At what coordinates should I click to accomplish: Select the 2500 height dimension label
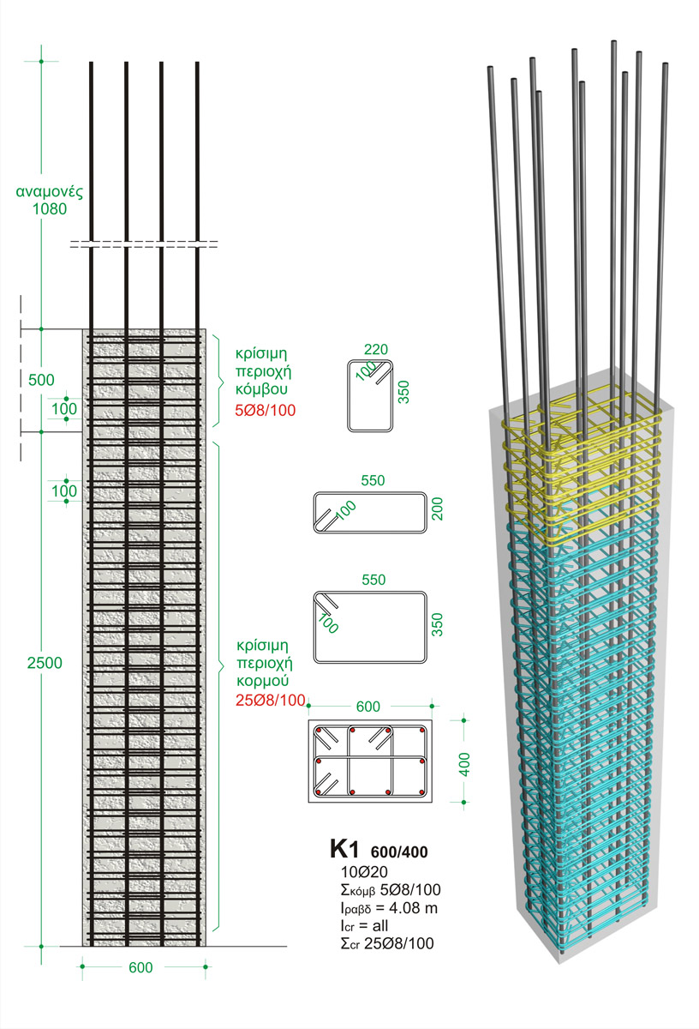tap(45, 664)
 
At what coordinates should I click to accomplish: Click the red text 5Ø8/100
tap(264, 410)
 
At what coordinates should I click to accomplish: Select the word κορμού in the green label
tap(262, 683)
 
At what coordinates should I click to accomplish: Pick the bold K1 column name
tap(346, 849)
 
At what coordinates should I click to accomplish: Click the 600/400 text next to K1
tap(399, 852)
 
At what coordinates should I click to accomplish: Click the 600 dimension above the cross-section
tap(367, 707)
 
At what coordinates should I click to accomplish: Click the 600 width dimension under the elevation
tap(140, 967)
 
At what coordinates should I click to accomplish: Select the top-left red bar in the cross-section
tap(319, 731)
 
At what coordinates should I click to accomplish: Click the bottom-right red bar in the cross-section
tap(422, 791)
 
